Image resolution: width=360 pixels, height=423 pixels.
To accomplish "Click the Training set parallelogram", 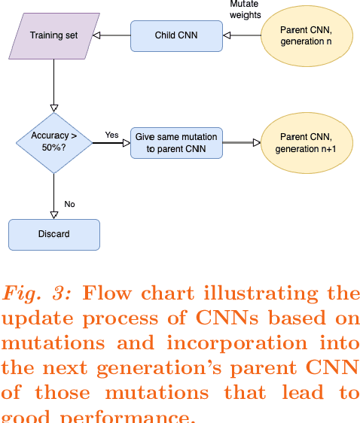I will pos(53,35).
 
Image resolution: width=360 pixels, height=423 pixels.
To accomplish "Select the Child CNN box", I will pos(176,35).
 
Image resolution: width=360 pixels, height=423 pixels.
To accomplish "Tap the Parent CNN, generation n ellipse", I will pos(306,35).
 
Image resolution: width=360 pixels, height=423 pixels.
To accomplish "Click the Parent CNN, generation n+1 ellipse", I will pos(306,142).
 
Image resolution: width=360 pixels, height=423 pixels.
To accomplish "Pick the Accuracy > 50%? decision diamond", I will pos(53,142).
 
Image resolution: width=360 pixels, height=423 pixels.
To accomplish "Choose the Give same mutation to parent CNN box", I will pos(176,142).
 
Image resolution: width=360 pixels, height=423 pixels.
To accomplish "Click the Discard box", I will pos(53,234).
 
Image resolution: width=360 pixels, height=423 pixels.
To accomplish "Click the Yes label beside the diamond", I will pos(111,135).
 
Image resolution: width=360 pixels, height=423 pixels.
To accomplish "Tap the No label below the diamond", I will pos(69,204).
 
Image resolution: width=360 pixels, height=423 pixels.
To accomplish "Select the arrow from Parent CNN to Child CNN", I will pos(242,35).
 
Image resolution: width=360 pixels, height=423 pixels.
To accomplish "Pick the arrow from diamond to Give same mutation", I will pos(111,142).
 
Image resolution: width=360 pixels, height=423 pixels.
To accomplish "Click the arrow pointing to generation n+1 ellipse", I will pos(242,142).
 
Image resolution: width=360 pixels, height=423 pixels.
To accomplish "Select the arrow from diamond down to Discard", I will pos(53,196).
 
